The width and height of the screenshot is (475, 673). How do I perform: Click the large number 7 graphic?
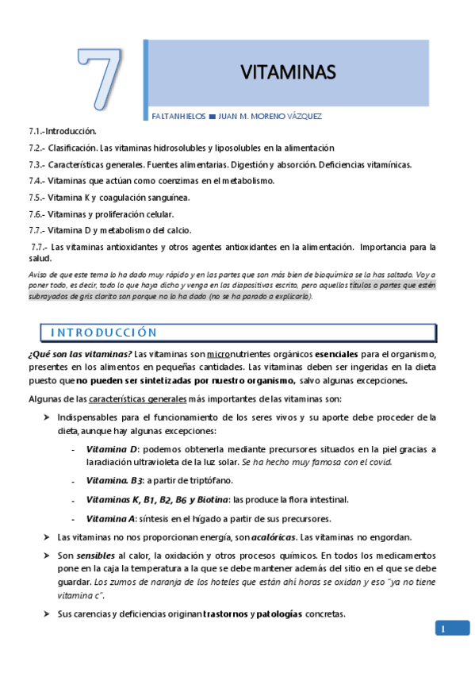click(x=100, y=80)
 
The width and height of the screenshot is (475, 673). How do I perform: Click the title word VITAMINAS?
click(x=289, y=73)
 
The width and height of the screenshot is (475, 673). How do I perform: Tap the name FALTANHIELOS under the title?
click(x=177, y=116)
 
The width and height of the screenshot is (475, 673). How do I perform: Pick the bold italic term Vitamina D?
click(x=112, y=449)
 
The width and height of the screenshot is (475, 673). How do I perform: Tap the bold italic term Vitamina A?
click(x=112, y=519)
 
